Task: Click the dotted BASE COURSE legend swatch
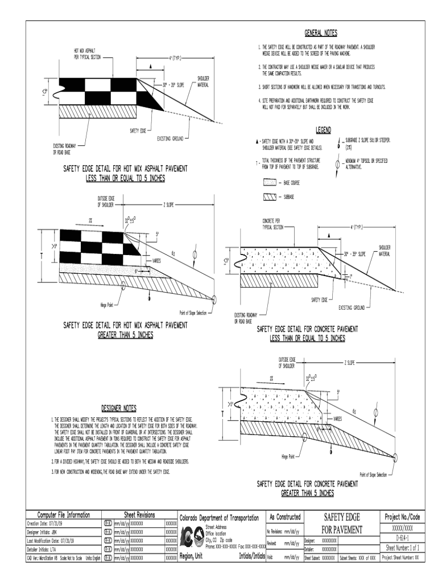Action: [x=269, y=183]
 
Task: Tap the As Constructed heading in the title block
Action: [x=284, y=516]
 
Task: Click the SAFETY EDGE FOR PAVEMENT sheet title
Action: [x=341, y=523]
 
